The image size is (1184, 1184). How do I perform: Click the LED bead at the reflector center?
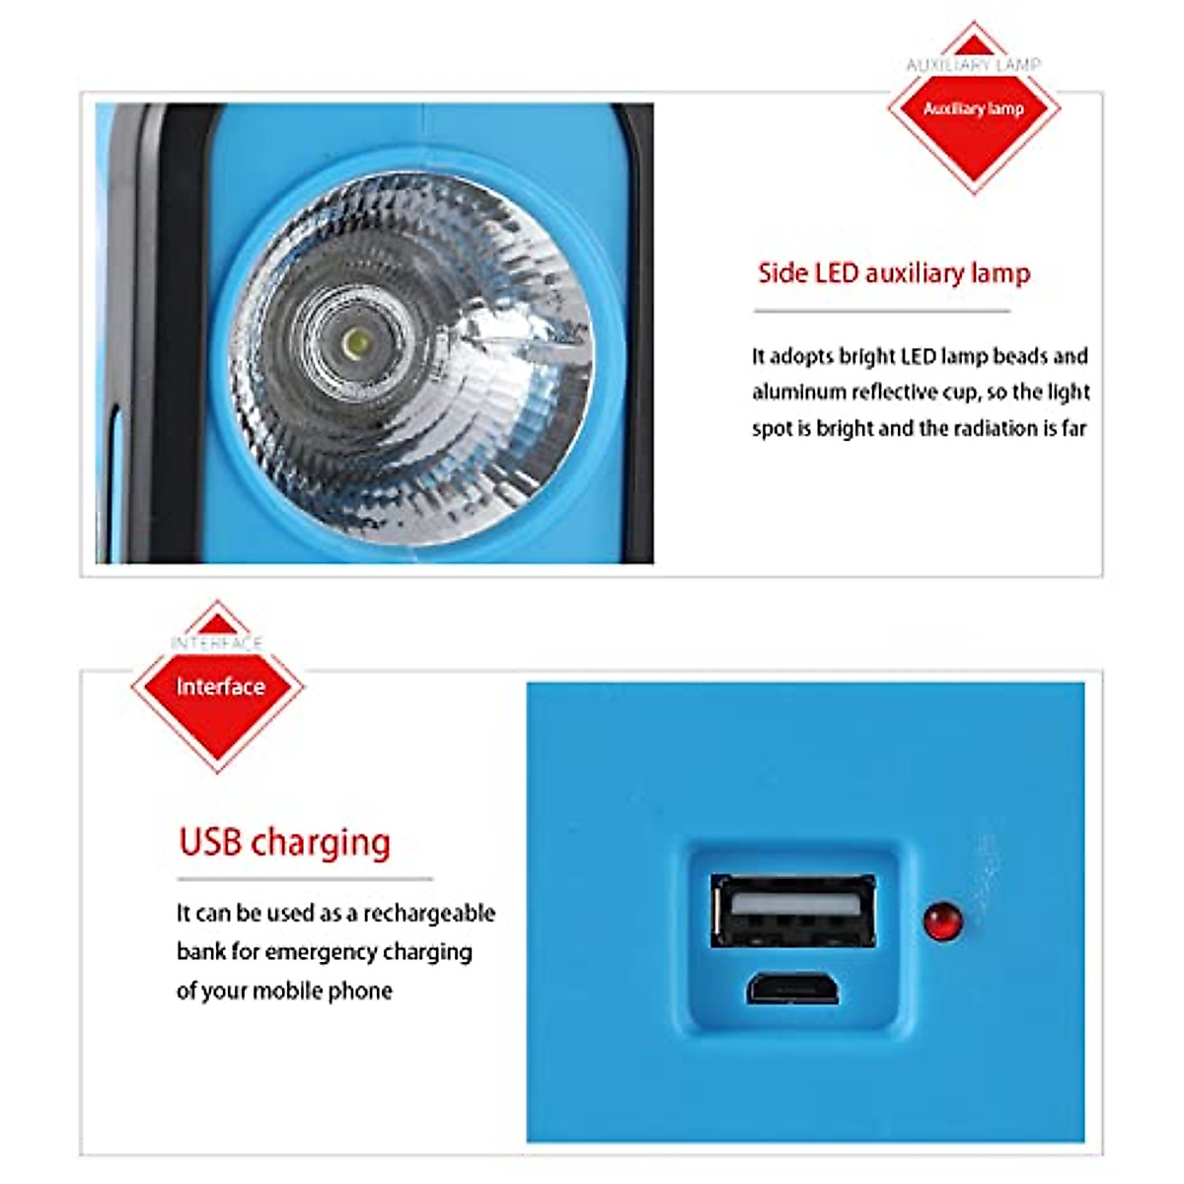358,343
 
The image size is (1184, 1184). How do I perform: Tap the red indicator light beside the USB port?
942,921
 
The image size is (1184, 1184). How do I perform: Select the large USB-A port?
793,910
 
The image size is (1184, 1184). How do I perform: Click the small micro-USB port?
792,988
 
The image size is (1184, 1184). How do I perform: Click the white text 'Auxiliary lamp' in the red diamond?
974,109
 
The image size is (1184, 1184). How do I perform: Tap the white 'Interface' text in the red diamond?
220,687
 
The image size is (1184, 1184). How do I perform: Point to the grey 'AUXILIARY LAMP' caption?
974,64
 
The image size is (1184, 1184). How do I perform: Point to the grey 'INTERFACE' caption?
217,643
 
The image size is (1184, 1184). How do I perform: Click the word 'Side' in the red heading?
782,273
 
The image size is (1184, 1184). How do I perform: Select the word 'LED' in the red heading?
836,273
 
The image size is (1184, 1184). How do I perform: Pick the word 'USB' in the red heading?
210,843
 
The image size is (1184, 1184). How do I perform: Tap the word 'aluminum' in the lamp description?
798,393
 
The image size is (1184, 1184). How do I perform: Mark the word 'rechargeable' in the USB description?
429,914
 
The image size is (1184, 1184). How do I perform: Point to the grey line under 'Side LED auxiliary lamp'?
882,311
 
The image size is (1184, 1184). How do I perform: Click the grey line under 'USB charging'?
305,878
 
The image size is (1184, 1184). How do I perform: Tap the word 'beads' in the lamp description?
1020,356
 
